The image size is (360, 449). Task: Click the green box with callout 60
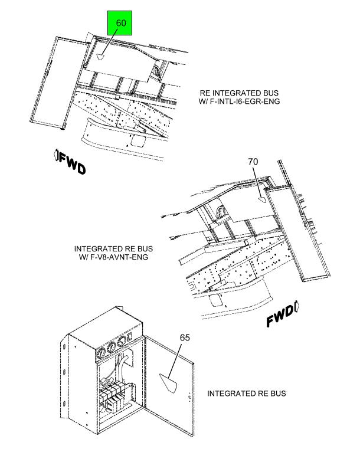click(x=120, y=23)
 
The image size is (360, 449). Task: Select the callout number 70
click(x=253, y=162)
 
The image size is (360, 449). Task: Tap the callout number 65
click(x=185, y=337)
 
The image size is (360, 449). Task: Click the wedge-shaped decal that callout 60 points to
click(x=100, y=57)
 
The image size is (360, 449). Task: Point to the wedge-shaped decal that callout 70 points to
click(x=262, y=199)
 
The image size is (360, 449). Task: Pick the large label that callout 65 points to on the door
click(x=168, y=383)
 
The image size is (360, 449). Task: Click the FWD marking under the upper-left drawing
click(x=70, y=162)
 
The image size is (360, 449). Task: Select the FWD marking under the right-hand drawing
click(x=282, y=314)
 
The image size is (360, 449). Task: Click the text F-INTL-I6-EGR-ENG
click(x=245, y=101)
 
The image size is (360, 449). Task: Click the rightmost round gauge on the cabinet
click(x=122, y=342)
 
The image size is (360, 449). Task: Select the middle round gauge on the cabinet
click(x=112, y=347)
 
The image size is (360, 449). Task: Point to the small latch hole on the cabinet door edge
click(x=189, y=397)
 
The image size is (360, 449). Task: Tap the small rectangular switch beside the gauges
click(x=130, y=336)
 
